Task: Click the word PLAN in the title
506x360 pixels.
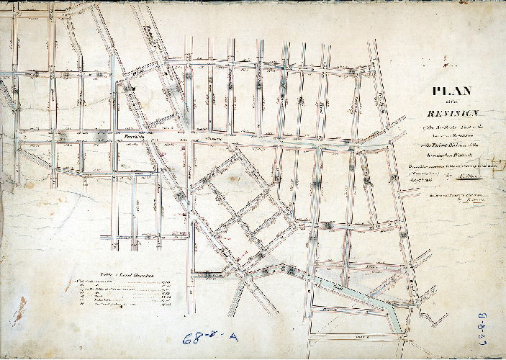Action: coord(451,91)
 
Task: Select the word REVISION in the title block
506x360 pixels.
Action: coord(451,113)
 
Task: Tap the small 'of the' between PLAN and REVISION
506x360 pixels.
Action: coord(451,102)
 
